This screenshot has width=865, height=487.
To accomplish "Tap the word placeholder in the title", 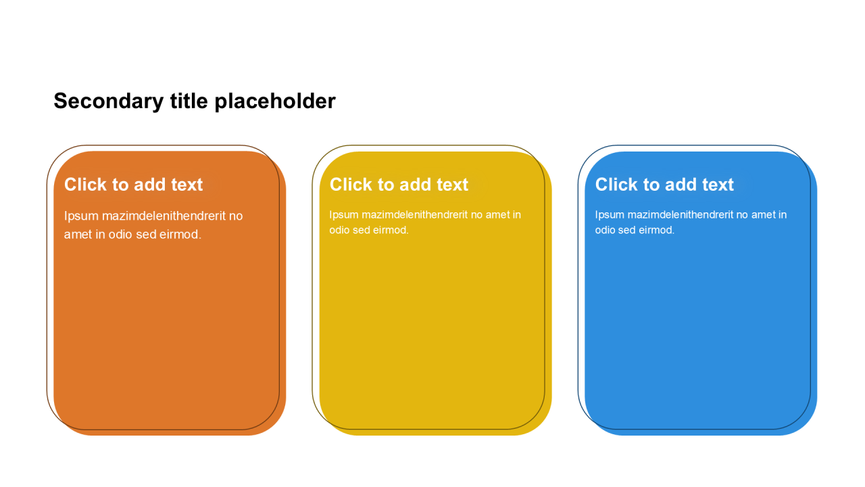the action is (275, 101).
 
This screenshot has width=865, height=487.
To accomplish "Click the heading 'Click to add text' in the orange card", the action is (133, 185).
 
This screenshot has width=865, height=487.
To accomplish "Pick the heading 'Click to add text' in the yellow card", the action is (399, 185).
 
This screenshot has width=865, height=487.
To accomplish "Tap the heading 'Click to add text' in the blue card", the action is (664, 185).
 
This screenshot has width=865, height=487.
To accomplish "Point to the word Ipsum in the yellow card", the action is (344, 215).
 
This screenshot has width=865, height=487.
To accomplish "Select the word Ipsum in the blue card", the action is (610, 215).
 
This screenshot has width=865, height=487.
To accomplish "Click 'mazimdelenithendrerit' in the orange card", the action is (164, 216).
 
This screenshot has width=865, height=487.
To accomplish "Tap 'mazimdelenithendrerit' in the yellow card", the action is (415, 214).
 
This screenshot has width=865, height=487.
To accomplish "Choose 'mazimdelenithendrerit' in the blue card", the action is (681, 214).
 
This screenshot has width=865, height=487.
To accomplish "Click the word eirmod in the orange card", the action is (180, 234).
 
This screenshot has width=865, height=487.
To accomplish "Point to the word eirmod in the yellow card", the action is (391, 230).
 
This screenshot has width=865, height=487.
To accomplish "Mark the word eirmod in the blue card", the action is (656, 230).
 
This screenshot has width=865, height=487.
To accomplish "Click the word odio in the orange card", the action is (120, 234).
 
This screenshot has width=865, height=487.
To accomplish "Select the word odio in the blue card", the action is (605, 230).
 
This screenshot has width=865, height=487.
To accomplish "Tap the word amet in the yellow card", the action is (498, 215).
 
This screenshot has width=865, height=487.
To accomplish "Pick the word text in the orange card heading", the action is (187, 185).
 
